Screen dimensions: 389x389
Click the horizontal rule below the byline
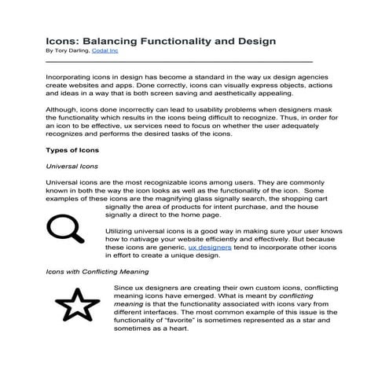tap(169, 60)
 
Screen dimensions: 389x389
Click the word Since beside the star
tap(124, 288)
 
